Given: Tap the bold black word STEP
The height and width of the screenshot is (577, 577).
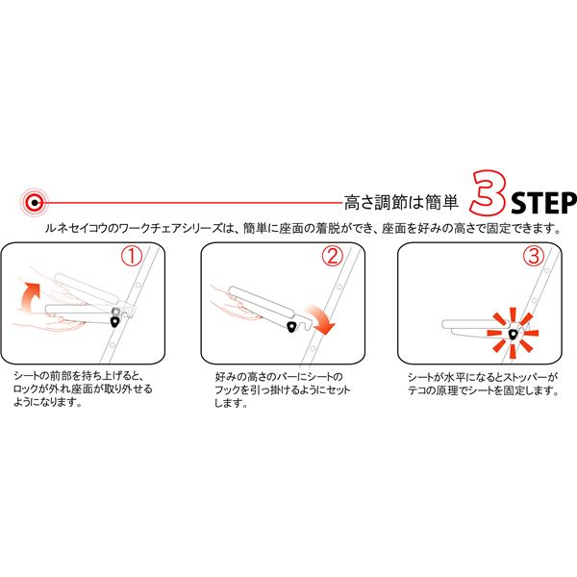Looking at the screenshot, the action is click(x=544, y=203).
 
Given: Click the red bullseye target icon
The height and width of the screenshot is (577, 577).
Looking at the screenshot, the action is click(x=35, y=202).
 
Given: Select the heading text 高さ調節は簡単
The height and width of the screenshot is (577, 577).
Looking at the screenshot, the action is click(x=401, y=202).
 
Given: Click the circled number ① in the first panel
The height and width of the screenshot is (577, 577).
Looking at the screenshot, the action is click(x=132, y=257).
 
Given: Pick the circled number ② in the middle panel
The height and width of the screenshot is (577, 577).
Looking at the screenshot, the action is click(x=333, y=256).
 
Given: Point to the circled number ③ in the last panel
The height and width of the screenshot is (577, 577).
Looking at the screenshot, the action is click(x=533, y=256).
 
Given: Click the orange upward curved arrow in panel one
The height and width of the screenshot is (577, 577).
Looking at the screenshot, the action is click(x=29, y=294).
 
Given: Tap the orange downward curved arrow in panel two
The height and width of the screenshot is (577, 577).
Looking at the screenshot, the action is click(x=321, y=319).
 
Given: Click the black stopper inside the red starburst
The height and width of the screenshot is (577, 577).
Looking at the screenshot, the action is click(x=513, y=335).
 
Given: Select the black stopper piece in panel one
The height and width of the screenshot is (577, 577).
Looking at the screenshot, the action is click(x=115, y=322).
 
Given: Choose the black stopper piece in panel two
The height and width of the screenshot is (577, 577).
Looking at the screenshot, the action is click(x=292, y=326).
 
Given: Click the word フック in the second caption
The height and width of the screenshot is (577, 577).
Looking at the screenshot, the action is click(x=227, y=390).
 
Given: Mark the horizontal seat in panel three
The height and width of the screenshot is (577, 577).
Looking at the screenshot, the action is click(x=475, y=327).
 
